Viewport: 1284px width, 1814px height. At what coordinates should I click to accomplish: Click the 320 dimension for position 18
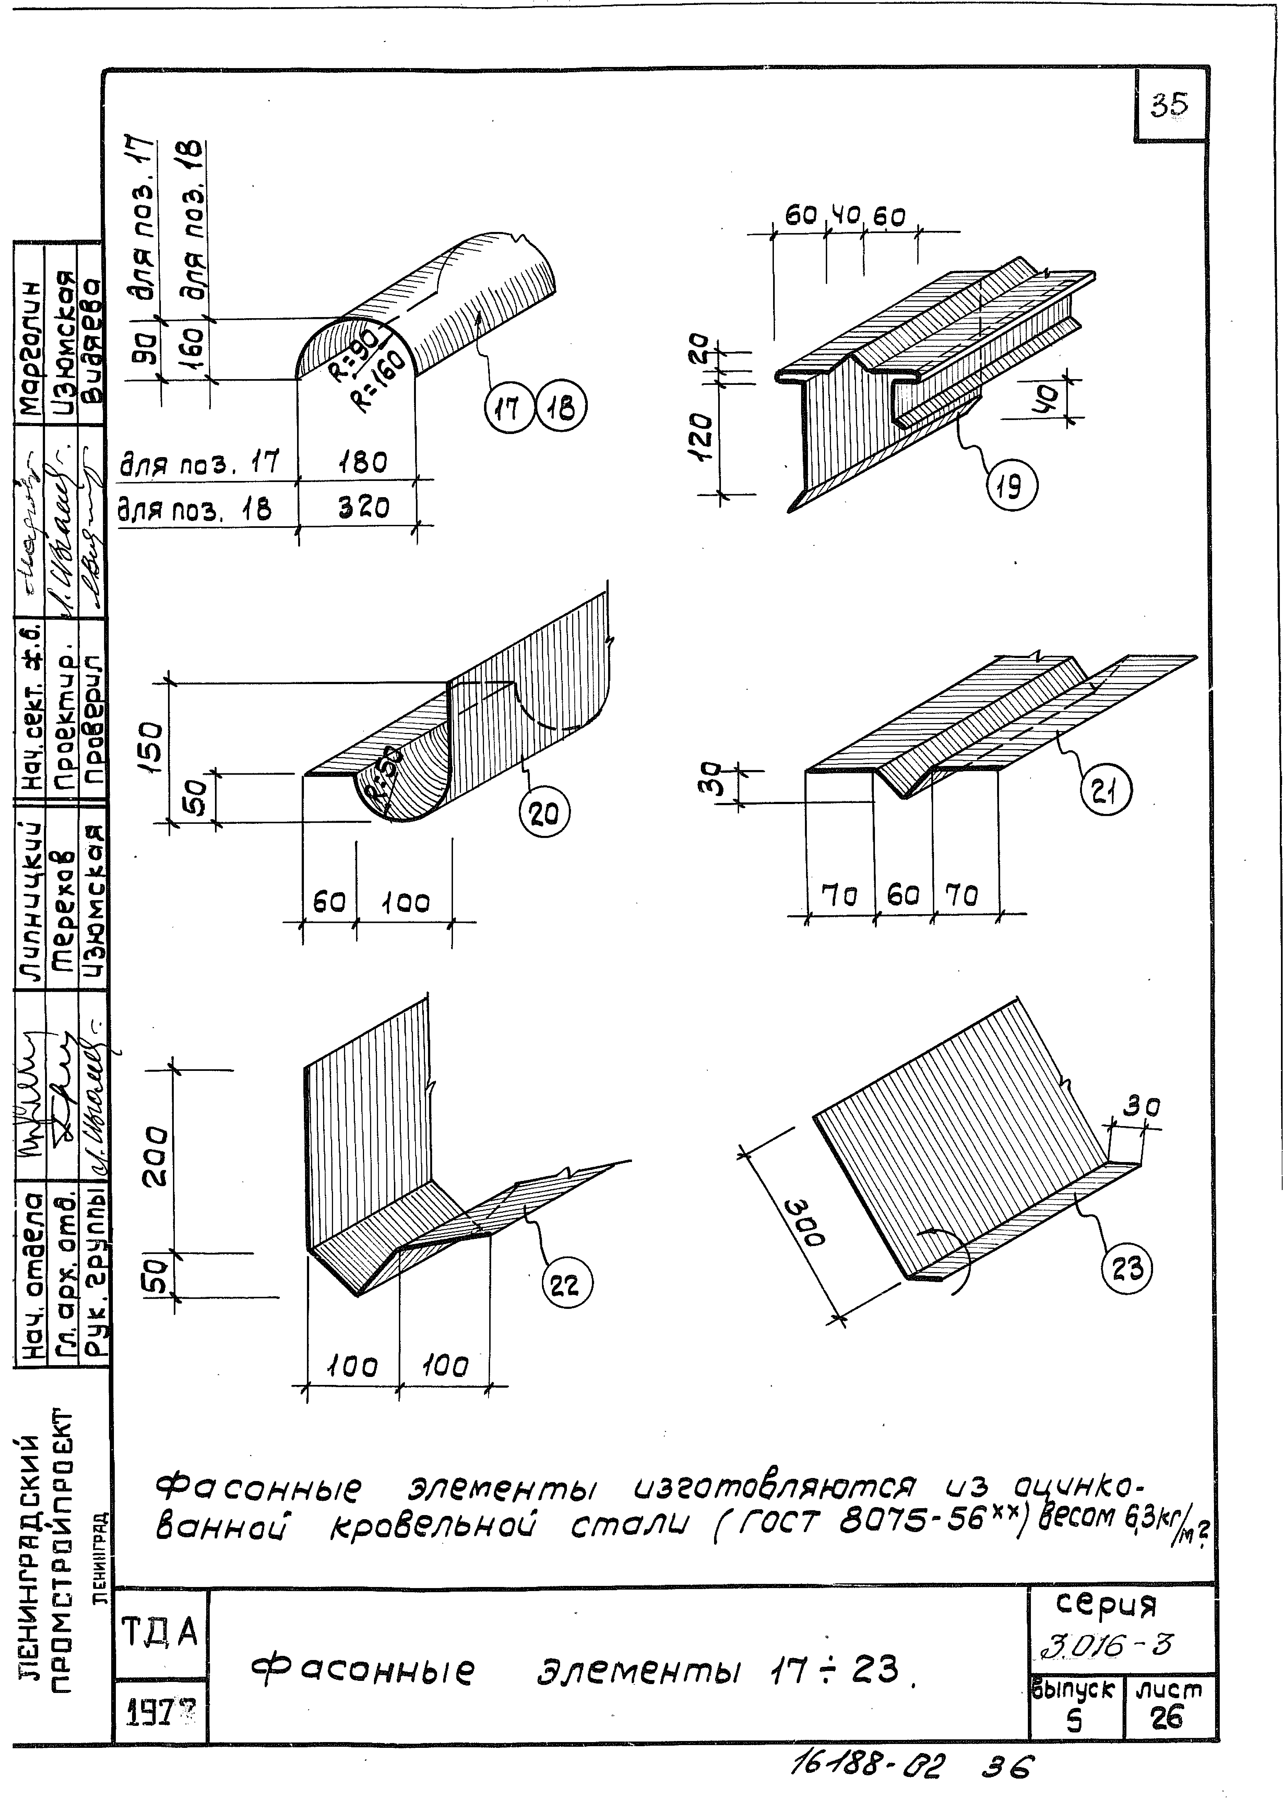(x=364, y=507)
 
